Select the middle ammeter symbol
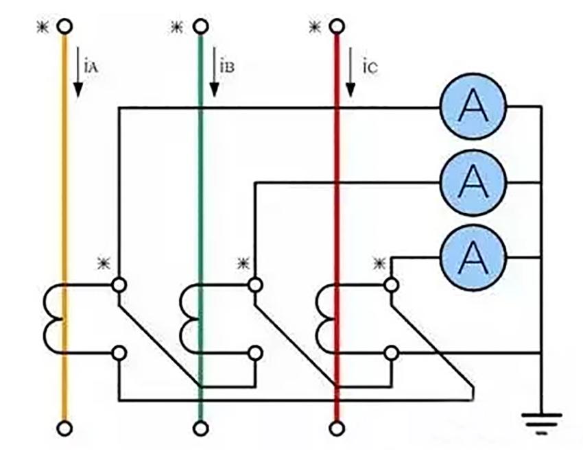tap(473, 182)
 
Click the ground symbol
tap(541, 421)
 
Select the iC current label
tap(364, 68)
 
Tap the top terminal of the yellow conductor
tap(64, 27)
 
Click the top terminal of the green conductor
tap(200, 27)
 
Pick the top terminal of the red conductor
tap(336, 27)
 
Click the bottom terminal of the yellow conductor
tap(64, 428)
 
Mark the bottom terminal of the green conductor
tap(200, 428)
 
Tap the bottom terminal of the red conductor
tap(336, 428)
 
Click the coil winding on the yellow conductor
tap(52, 319)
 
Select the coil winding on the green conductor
tap(189, 319)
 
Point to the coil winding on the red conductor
tap(324, 319)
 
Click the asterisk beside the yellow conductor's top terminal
tap(42, 27)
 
